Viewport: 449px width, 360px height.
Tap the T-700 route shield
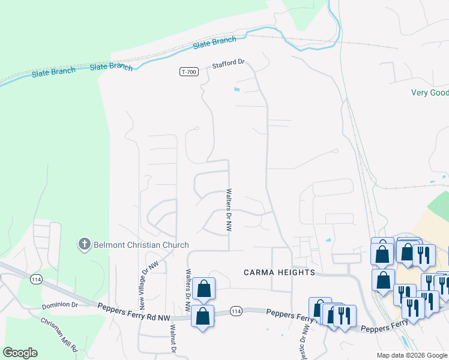click(188, 72)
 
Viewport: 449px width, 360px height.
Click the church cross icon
click(85, 244)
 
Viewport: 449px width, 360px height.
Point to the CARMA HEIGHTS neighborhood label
click(279, 272)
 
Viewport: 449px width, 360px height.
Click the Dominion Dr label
click(60, 305)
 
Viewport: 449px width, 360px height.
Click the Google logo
click(20, 353)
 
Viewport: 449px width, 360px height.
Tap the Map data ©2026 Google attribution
click(411, 356)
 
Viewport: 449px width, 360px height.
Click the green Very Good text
click(430, 92)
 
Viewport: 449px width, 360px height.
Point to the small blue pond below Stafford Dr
click(237, 90)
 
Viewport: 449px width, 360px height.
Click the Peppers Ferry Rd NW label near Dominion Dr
click(129, 307)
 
